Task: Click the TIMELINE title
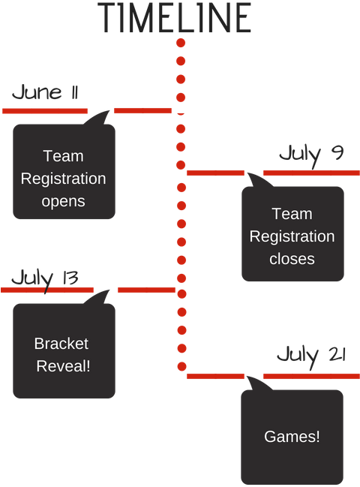pos(175,17)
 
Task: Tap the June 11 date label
pos(46,93)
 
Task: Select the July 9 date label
pos(310,155)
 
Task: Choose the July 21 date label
pos(310,355)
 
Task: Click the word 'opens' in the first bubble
pos(64,201)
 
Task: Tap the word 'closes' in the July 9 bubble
pos(292,259)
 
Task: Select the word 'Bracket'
pos(61,344)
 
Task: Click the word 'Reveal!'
pos(64,366)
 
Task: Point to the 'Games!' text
pos(292,436)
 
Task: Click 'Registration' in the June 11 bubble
pos(64,179)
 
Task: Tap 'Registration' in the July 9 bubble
pos(292,236)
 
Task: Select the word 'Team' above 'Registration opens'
pos(64,156)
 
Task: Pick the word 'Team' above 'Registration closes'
pos(292,214)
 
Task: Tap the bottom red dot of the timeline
pos(181,366)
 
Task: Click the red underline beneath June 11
pos(45,111)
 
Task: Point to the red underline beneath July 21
pos(311,376)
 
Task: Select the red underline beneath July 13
pos(46,290)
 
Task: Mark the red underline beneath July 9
pos(311,173)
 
